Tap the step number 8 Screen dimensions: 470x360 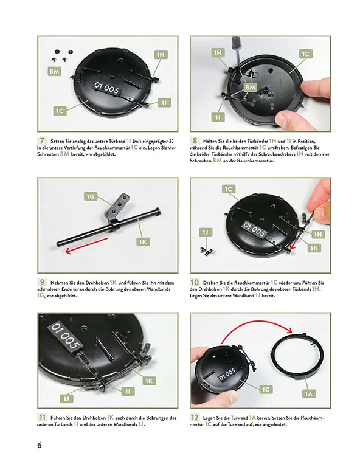tap(196, 140)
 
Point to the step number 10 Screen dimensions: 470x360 tap(196, 282)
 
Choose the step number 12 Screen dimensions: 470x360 tap(196, 418)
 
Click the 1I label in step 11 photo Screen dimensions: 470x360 tap(128, 392)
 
